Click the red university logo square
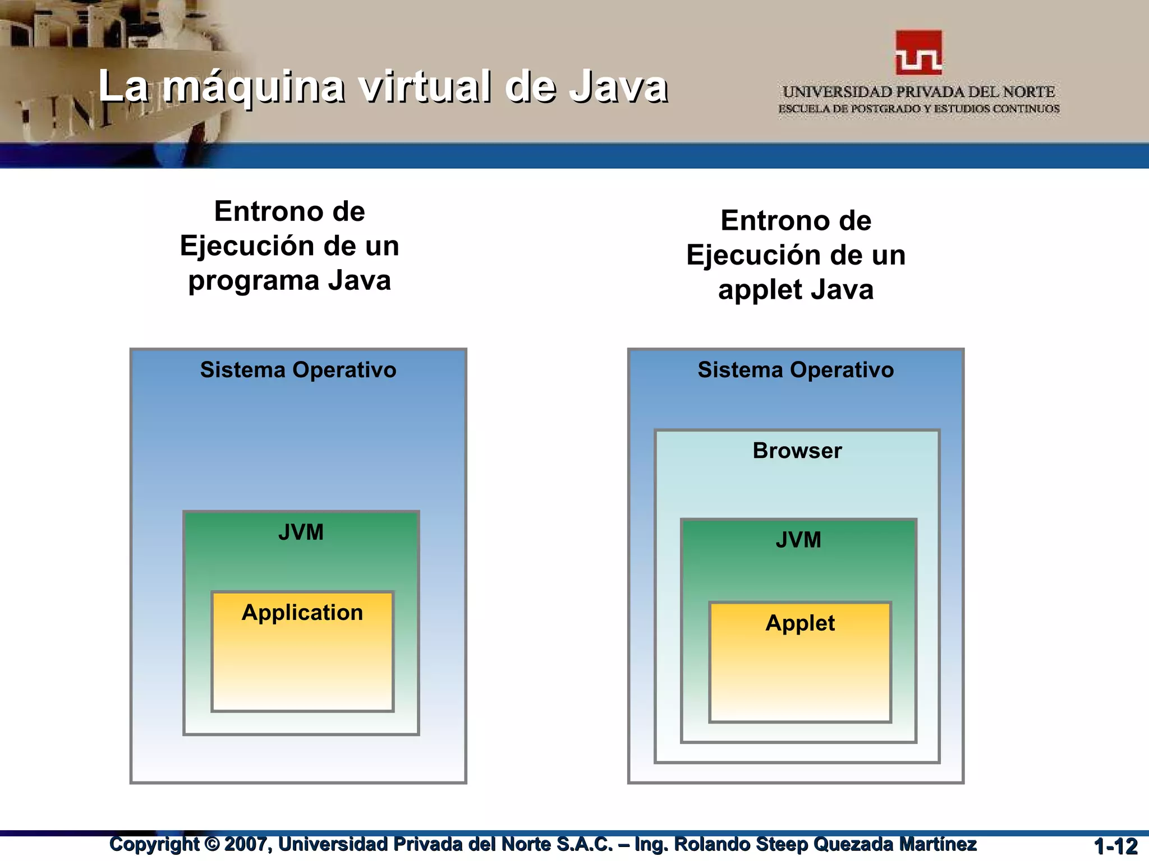(x=919, y=53)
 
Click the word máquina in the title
(x=254, y=87)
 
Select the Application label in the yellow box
(x=302, y=613)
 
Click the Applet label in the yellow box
(x=800, y=623)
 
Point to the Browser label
(x=797, y=451)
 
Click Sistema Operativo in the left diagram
(x=298, y=371)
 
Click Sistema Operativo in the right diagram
(x=796, y=371)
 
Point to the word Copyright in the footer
(x=154, y=844)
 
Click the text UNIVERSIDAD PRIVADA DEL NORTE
(x=918, y=92)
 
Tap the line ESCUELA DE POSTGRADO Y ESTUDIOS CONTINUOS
(x=918, y=109)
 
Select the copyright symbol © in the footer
(x=212, y=844)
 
